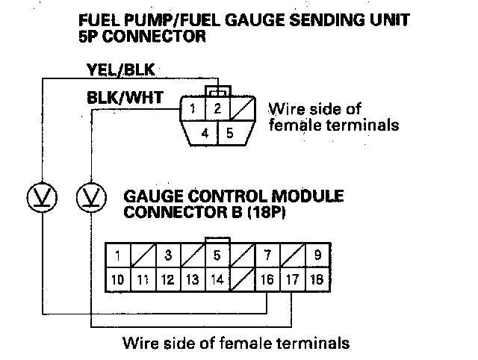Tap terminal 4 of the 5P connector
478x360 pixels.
pos(205,135)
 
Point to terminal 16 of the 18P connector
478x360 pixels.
pos(267,281)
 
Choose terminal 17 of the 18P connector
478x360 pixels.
pos(292,281)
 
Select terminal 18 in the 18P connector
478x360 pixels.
pos(317,281)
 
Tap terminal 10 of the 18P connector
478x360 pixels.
pos(117,281)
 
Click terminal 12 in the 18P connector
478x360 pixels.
pos(168,281)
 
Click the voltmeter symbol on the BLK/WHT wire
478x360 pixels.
pos(90,198)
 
